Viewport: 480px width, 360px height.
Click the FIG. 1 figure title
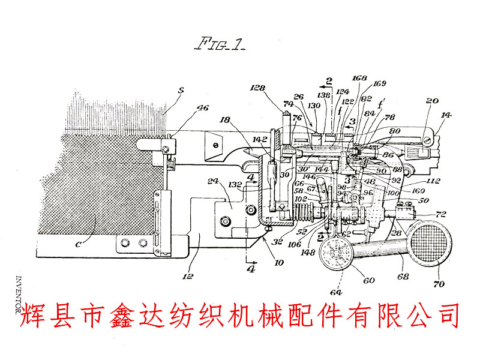coord(220,44)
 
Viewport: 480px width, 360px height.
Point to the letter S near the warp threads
coord(181,92)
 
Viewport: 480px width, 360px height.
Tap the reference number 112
coord(433,181)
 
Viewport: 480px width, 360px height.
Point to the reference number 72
coord(442,214)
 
